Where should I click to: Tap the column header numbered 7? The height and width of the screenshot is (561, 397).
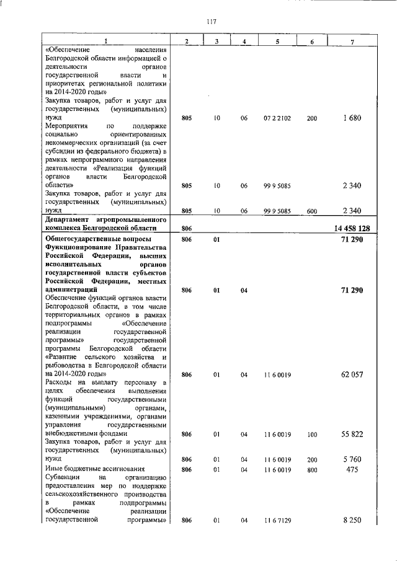click(352, 42)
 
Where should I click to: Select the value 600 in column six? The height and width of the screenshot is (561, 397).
click(311, 211)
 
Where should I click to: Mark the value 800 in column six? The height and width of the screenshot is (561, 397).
click(311, 470)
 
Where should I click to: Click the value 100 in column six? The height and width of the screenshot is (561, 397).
click(311, 435)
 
